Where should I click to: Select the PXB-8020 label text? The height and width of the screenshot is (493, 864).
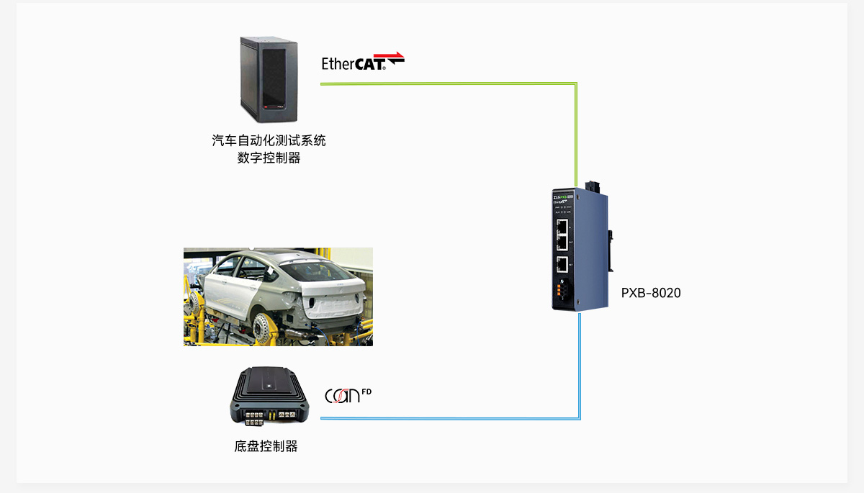pos(650,293)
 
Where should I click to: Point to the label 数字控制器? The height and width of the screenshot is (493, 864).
pos(269,158)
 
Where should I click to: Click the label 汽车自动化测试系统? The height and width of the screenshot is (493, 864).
pos(269,140)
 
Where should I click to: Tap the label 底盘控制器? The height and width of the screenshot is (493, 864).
pos(266,446)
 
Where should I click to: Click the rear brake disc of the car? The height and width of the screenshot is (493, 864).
pos(267,328)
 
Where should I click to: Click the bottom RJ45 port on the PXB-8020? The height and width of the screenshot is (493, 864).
pos(562,263)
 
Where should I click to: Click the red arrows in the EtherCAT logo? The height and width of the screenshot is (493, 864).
pos(394,57)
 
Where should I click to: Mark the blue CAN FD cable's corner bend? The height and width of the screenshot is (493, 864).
pos(579,417)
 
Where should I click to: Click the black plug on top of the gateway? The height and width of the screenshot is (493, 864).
pos(594,186)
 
